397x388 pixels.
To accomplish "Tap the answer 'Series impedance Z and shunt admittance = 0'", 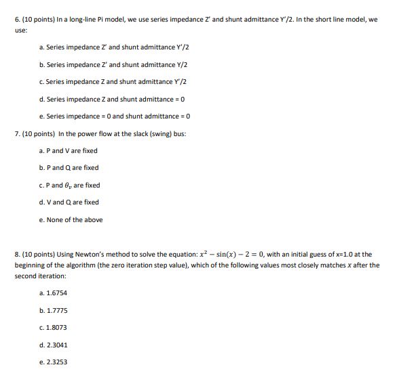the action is pyautogui.click(x=107, y=99).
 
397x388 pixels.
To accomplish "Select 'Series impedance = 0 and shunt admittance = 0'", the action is pyautogui.click(x=109, y=116).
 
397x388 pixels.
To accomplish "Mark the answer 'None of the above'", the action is pyautogui.click(x=71, y=219).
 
